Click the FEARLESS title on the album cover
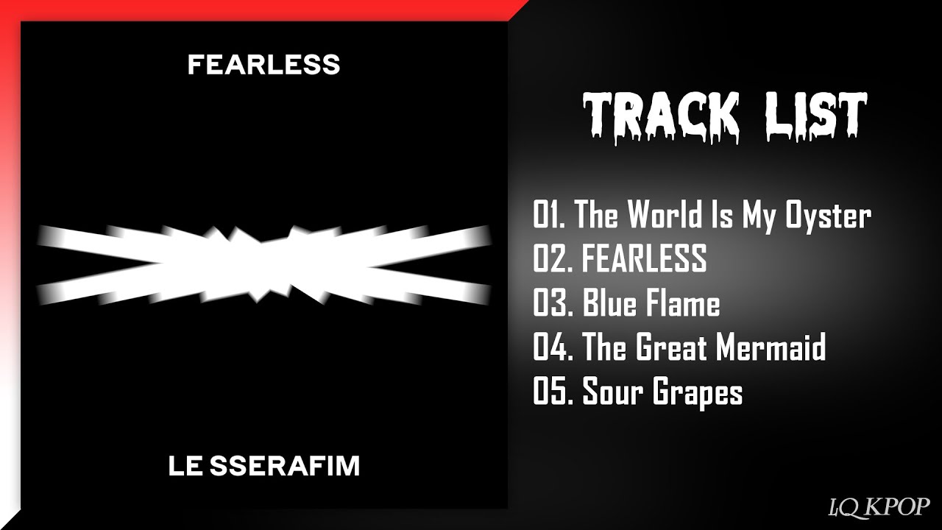[263, 65]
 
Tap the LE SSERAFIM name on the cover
[264, 466]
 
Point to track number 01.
[550, 214]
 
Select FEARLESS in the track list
[644, 258]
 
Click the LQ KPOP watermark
[879, 506]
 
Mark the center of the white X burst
[264, 264]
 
